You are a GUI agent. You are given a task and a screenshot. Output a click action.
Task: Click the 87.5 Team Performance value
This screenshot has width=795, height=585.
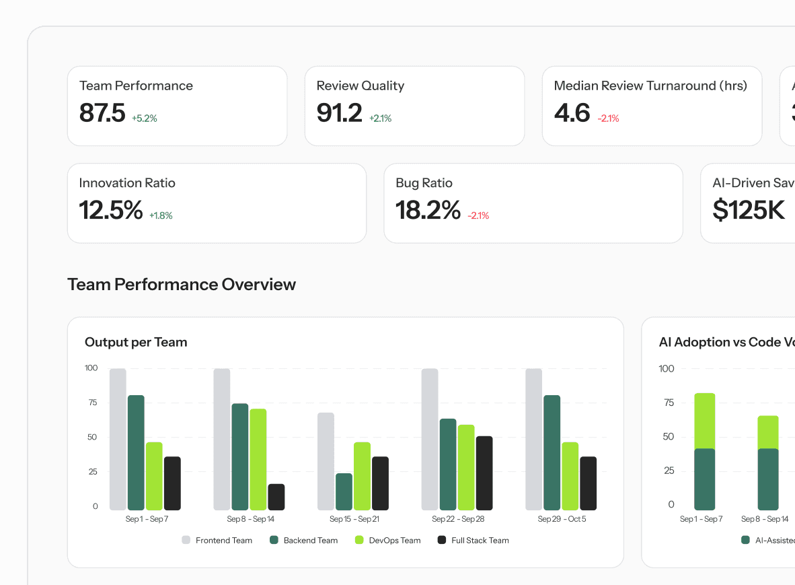(x=102, y=113)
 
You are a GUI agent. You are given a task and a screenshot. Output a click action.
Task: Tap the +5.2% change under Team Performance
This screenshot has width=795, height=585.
(x=144, y=118)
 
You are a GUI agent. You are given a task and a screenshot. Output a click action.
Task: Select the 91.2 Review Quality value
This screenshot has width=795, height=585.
(x=339, y=113)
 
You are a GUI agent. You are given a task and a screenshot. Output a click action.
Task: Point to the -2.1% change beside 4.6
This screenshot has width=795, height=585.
(x=608, y=118)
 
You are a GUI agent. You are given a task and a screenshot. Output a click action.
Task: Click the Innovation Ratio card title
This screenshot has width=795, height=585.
(x=127, y=183)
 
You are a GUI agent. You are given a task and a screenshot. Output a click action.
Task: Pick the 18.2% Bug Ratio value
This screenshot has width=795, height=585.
(x=428, y=210)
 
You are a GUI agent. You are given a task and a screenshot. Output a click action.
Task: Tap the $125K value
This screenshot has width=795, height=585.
(x=749, y=210)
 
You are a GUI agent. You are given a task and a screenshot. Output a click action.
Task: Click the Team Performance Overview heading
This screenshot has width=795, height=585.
(x=182, y=284)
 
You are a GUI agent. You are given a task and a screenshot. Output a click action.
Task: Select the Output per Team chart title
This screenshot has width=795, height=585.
(x=136, y=342)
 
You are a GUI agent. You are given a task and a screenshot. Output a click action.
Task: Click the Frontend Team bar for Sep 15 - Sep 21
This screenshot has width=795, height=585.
(x=326, y=461)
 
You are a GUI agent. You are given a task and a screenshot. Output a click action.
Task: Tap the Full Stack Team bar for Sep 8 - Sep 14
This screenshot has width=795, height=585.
(x=276, y=497)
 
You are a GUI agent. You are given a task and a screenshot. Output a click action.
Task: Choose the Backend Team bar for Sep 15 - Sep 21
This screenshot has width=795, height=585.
(x=344, y=491)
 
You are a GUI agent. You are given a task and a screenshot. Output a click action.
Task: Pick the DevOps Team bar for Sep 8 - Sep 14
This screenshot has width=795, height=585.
(x=258, y=459)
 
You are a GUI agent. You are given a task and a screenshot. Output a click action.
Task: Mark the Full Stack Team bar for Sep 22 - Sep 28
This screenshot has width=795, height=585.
(x=484, y=473)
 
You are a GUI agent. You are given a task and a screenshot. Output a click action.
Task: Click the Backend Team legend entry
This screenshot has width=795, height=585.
(x=303, y=540)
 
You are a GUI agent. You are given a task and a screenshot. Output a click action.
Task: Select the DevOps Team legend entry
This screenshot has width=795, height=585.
(x=387, y=540)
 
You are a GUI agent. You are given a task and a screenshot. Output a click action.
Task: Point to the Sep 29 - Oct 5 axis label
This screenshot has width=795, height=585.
(x=562, y=519)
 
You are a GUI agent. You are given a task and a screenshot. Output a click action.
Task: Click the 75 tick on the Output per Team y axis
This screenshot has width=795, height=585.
(x=91, y=403)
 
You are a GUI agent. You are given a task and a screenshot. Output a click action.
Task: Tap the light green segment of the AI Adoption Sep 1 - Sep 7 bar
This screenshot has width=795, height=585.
(x=704, y=421)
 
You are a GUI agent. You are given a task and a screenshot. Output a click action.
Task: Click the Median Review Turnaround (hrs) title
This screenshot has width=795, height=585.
(x=650, y=85)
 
